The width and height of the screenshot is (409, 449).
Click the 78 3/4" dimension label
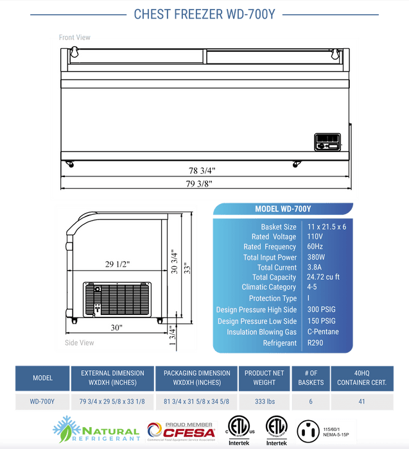202,171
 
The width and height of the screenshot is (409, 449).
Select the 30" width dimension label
116,328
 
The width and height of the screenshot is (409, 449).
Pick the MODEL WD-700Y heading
283,209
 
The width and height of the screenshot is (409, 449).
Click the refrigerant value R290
315,343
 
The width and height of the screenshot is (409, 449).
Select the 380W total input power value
317,257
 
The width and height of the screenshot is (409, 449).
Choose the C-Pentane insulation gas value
322,332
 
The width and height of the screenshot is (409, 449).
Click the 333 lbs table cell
265,402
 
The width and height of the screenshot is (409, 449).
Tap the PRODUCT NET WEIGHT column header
265,378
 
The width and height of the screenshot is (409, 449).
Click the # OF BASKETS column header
311,378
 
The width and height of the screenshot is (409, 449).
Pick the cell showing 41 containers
363,402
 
